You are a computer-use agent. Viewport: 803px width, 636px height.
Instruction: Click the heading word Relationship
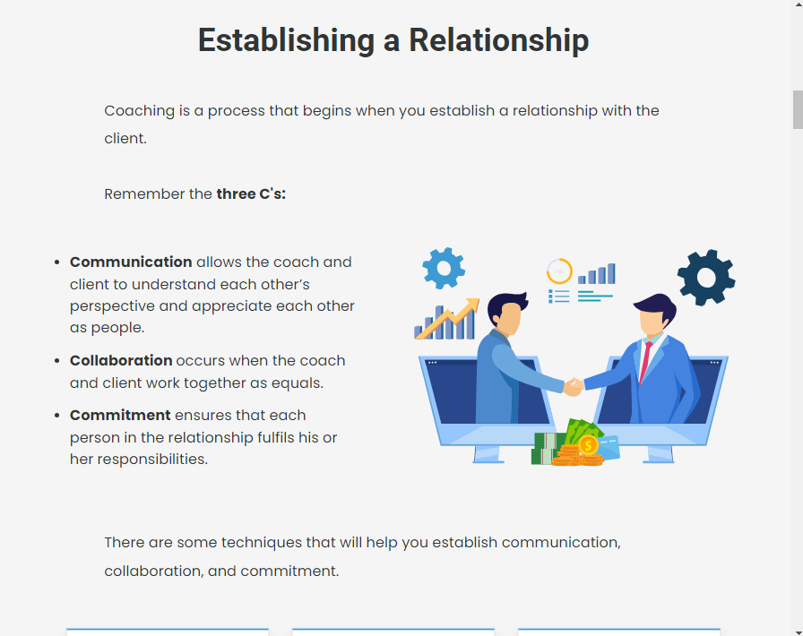[499, 40]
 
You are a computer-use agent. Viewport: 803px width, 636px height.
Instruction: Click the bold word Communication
[131, 262]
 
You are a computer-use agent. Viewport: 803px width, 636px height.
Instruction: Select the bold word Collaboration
[121, 360]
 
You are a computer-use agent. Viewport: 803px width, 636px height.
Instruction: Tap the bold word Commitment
[120, 415]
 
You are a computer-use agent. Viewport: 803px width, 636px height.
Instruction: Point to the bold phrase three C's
[251, 194]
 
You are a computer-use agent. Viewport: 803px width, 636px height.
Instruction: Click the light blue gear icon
[444, 269]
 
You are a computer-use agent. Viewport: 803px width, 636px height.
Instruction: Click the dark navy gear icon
[706, 278]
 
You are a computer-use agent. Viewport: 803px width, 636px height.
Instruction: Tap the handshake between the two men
[574, 386]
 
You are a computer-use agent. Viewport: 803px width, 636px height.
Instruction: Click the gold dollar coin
[588, 445]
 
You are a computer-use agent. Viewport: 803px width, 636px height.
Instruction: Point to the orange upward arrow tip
[478, 299]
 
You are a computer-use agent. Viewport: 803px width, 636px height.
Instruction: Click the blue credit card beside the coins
[609, 447]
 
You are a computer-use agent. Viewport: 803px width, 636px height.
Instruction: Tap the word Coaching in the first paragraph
[139, 110]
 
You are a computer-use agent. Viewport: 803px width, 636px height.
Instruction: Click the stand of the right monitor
[661, 455]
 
